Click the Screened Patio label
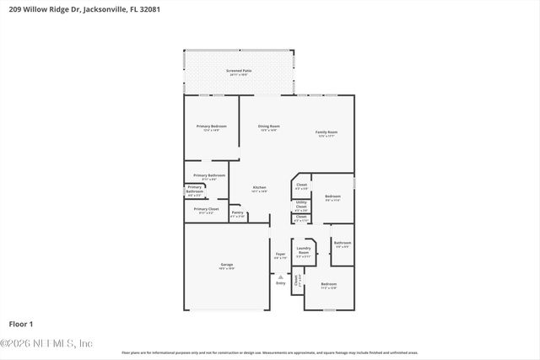point(239,71)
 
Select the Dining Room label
point(269,126)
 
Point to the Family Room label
point(327,132)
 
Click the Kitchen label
point(260,187)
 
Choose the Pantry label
point(238,212)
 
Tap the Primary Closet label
point(206,209)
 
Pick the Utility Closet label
point(301,203)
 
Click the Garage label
point(227,265)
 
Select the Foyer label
point(280,254)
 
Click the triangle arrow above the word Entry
point(281,276)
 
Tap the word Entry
point(281,282)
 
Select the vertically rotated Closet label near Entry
point(296,282)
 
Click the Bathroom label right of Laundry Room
point(342,243)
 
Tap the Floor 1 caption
point(21,324)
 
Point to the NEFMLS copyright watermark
point(46,343)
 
